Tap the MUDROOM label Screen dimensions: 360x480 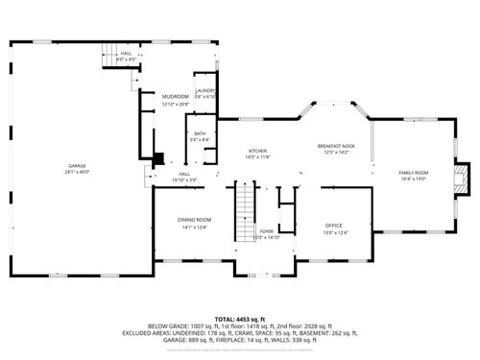pos(175,97)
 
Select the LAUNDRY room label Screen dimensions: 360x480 pos(206,90)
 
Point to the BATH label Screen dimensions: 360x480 pos(200,133)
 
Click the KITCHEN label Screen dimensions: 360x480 pos(257,151)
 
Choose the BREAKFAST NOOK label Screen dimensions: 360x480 pos(336,146)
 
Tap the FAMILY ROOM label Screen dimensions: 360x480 pos(414,173)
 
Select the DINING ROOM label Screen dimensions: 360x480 pos(194,220)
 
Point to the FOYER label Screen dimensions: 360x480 pos(266,230)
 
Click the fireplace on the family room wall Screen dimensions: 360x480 pos(464,174)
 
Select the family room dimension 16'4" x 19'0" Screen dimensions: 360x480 pos(414,179)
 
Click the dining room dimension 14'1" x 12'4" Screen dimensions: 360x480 pos(194,227)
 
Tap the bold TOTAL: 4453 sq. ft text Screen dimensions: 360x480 pos(240,318)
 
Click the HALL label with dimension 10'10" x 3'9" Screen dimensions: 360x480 pos(183,174)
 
